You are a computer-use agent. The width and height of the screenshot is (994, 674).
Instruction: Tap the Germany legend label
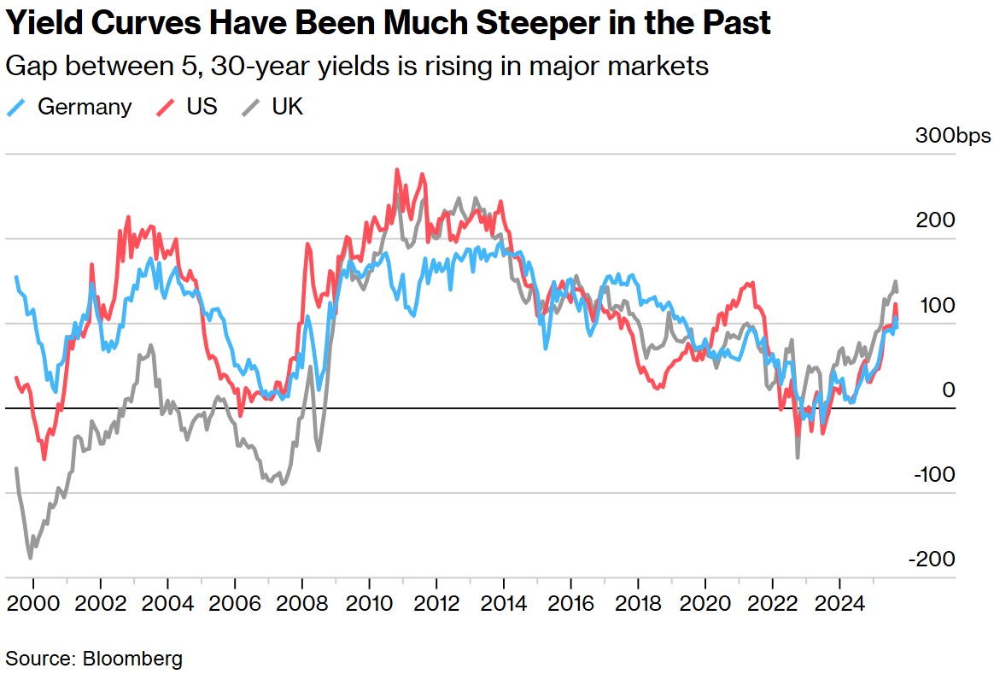pyautogui.click(x=85, y=107)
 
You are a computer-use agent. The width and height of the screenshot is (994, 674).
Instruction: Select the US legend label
pyautogui.click(x=202, y=107)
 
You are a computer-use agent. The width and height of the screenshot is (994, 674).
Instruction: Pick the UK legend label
pyautogui.click(x=287, y=107)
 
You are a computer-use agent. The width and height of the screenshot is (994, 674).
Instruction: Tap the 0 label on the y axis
pyautogui.click(x=949, y=390)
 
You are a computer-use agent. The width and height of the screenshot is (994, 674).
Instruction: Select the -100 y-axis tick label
pyautogui.click(x=932, y=475)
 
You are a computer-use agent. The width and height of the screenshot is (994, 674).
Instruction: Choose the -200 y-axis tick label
pyautogui.click(x=932, y=560)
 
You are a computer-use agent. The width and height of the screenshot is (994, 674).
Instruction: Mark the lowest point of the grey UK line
pyautogui.click(x=31, y=558)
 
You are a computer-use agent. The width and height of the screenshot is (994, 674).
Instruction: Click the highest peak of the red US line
pyautogui.click(x=397, y=169)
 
